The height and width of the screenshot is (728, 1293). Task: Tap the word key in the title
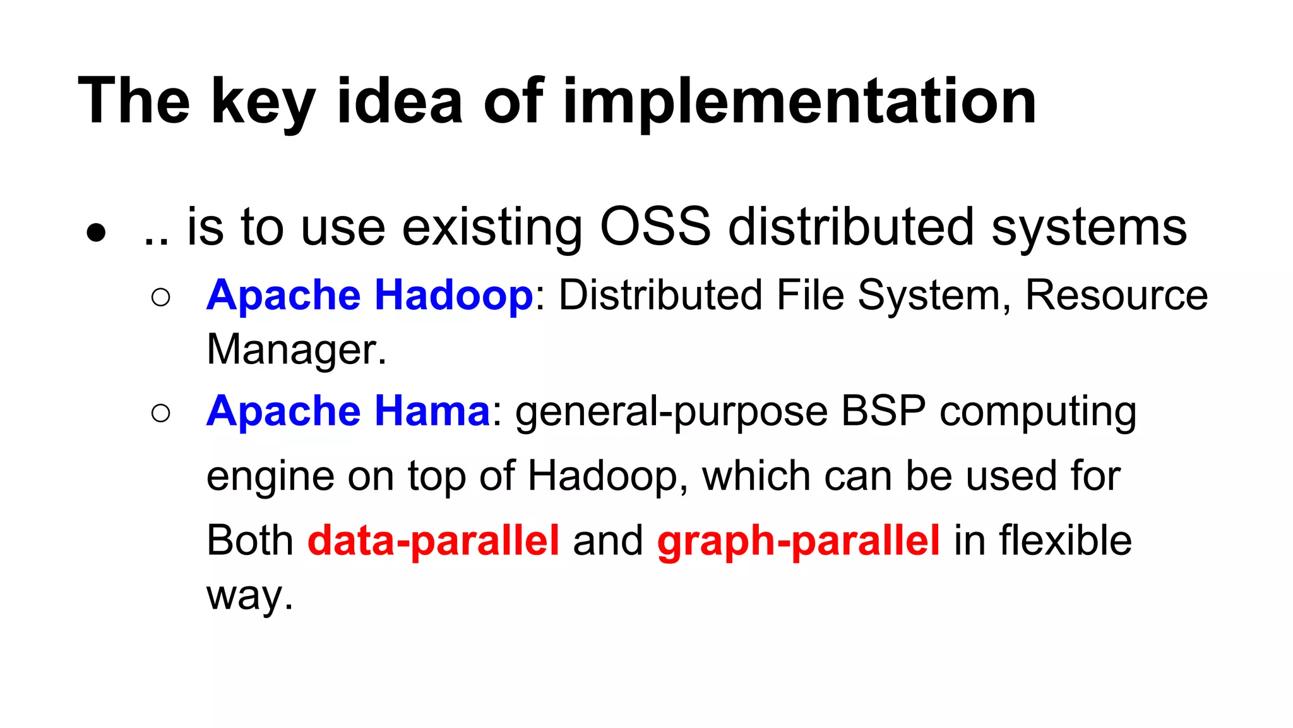coord(263,101)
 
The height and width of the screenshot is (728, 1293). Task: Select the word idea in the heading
coord(400,101)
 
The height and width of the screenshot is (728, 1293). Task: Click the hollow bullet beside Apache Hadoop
coord(161,297)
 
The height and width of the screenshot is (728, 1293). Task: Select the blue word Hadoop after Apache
coord(454,296)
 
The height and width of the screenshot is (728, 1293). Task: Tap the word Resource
coord(1116,295)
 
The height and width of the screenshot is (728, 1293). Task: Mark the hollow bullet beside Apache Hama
coord(161,413)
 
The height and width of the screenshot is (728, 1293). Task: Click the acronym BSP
coord(883,411)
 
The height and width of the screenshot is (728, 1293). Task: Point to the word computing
coord(1038,412)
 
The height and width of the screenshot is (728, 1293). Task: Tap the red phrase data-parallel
coord(433,540)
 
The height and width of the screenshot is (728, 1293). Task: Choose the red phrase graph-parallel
coord(798,541)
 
